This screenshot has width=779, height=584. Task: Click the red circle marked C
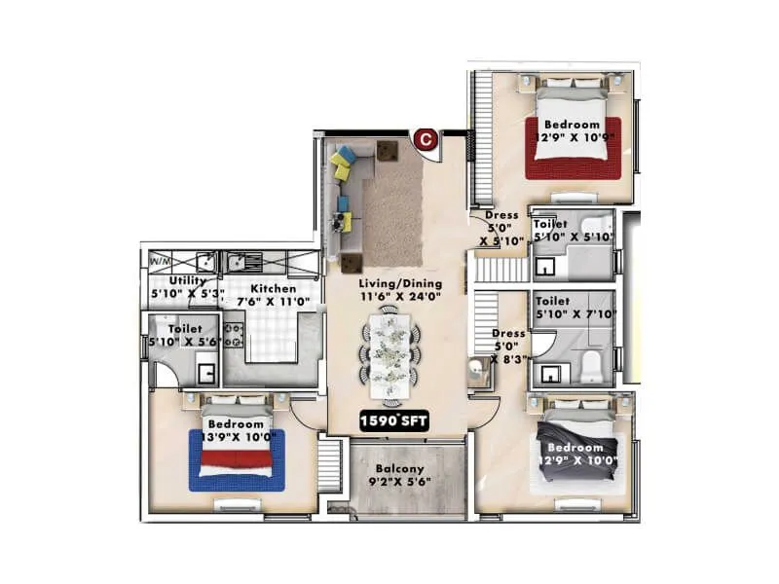tap(425, 140)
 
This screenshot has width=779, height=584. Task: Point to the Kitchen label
tap(274, 288)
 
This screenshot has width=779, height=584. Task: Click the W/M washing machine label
tap(160, 261)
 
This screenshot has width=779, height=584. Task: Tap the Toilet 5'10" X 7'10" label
tap(573, 308)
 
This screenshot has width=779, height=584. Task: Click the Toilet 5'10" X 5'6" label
tap(184, 336)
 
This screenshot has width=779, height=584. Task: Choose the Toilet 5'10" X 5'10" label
tap(572, 230)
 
